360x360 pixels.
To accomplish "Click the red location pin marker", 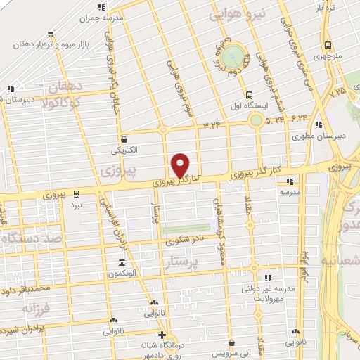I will click(181, 165).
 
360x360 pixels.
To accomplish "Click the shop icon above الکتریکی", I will click(124, 139).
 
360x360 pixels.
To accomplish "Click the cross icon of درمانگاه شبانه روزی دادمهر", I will click(162, 334).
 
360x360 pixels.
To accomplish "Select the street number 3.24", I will click(211, 125).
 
